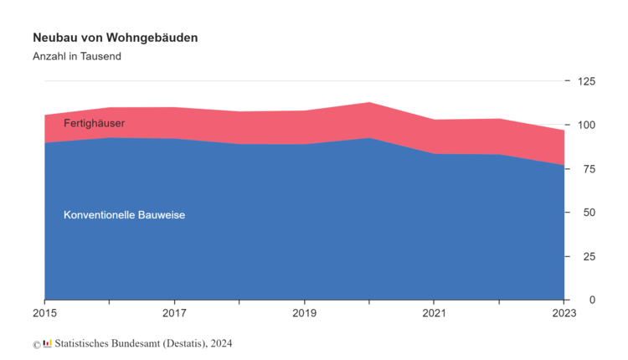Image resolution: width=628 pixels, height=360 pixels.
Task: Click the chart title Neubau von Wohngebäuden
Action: pyautogui.click(x=116, y=39)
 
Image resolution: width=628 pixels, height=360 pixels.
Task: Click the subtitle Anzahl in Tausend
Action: pyautogui.click(x=77, y=57)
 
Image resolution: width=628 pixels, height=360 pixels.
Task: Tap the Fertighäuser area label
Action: pyautogui.click(x=94, y=124)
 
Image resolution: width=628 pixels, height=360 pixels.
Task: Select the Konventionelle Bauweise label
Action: pyautogui.click(x=124, y=215)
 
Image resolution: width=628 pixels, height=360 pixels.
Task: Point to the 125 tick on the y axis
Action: pyautogui.click(x=586, y=81)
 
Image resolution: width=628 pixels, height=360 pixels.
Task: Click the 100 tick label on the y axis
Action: pyautogui.click(x=586, y=126)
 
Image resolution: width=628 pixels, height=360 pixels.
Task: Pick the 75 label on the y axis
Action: pyautogui.click(x=589, y=169)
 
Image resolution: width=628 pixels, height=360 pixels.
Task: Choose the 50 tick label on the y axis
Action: pyautogui.click(x=589, y=213)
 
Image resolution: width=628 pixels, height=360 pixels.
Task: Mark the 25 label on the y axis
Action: pyautogui.click(x=589, y=256)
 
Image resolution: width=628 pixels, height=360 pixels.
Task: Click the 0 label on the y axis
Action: pyautogui.click(x=592, y=300)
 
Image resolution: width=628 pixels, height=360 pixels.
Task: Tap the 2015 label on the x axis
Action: pyautogui.click(x=45, y=315)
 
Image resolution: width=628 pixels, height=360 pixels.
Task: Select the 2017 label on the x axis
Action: pyautogui.click(x=174, y=315)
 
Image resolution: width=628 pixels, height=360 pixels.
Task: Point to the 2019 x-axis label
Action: pyautogui.click(x=304, y=315)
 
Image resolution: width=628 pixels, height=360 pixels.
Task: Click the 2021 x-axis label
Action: pyautogui.click(x=434, y=315)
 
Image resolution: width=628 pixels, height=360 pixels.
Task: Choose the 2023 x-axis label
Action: pyautogui.click(x=564, y=315)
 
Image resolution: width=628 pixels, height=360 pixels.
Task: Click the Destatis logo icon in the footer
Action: pyautogui.click(x=47, y=343)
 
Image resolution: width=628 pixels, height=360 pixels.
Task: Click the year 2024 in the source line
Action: pyautogui.click(x=222, y=343)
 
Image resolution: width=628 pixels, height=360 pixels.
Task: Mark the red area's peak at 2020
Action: pyautogui.click(x=369, y=103)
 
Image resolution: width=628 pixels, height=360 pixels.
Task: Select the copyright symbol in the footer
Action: pyautogui.click(x=36, y=344)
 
